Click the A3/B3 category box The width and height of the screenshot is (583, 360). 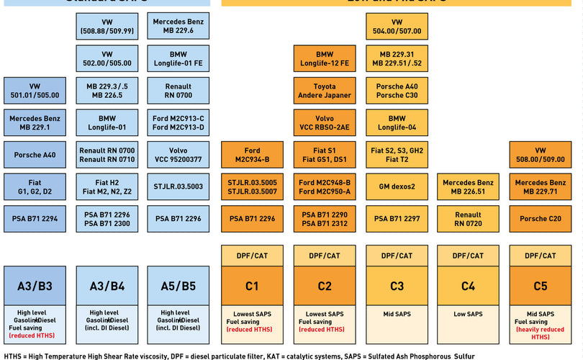(x=35, y=286)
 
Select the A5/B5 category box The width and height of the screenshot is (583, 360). (x=178, y=286)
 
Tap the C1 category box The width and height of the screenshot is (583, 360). (x=252, y=286)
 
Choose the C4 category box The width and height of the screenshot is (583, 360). (x=468, y=286)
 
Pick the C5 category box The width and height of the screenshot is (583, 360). (x=540, y=286)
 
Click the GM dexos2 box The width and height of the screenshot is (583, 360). (x=397, y=186)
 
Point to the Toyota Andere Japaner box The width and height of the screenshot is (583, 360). (x=325, y=91)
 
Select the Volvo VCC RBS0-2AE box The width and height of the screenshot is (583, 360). (x=325, y=123)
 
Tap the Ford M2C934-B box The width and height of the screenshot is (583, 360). (x=252, y=155)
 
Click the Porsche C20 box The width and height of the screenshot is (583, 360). (x=540, y=218)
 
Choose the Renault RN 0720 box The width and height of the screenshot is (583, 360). (x=468, y=218)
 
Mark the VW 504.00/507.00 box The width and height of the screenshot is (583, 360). (x=397, y=27)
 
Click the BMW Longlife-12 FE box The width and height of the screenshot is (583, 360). (x=325, y=59)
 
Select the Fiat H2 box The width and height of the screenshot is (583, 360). (x=107, y=186)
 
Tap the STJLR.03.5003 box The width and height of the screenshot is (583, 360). (x=178, y=186)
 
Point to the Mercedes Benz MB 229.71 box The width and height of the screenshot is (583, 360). (x=540, y=186)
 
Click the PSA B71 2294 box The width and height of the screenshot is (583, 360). (x=35, y=218)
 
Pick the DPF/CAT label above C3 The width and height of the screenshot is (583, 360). (x=397, y=256)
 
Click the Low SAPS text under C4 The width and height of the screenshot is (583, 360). (x=468, y=314)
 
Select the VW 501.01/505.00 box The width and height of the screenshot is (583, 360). (x=35, y=91)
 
